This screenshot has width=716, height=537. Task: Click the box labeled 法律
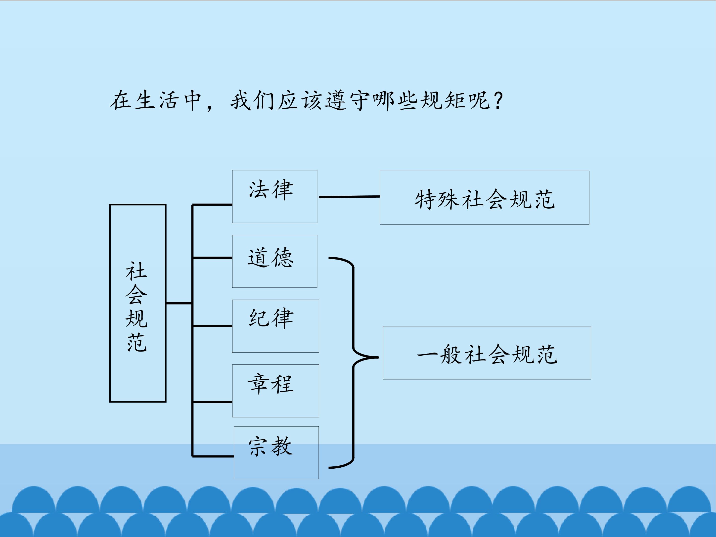[274, 196]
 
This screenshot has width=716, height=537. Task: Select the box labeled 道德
[274, 261]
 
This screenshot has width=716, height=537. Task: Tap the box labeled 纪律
[275, 326]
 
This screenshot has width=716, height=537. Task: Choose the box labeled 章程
[275, 391]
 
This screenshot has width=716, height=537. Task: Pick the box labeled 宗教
[276, 452]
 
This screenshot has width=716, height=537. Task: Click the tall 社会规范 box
[137, 303]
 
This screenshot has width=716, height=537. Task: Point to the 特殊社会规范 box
[484, 197]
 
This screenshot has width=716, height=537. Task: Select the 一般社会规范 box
[487, 353]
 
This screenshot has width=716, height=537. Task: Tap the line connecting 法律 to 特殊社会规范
[349, 196]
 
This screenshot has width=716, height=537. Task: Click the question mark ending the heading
[499, 100]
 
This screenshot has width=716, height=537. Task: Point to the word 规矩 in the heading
[443, 100]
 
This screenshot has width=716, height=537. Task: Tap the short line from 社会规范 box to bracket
[179, 303]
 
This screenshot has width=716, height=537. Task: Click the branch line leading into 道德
[212, 258]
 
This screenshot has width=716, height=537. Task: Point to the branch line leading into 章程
[212, 402]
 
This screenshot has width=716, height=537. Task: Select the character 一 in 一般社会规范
[427, 355]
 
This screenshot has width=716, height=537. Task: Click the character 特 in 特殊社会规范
[425, 199]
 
